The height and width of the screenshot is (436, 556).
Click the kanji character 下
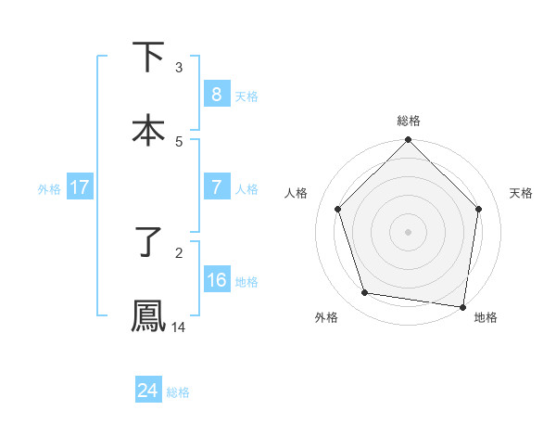[148, 57]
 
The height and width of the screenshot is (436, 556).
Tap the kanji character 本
[148, 131]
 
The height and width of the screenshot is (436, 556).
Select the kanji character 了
[148, 242]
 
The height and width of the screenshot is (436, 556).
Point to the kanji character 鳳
[148, 315]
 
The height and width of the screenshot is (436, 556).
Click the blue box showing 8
[216, 95]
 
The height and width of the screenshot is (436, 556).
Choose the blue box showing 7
[216, 187]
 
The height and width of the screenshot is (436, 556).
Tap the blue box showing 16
[216, 280]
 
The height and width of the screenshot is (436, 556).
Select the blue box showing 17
[80, 187]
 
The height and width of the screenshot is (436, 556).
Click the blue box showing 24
[148, 391]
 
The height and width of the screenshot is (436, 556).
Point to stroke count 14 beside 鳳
[179, 327]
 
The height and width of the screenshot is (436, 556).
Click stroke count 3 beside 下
[179, 68]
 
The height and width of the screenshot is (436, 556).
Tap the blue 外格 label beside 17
[49, 189]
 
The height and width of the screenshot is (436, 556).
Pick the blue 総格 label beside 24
[178, 392]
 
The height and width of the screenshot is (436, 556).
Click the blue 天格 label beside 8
[246, 96]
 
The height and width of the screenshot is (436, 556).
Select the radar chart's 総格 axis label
[409, 121]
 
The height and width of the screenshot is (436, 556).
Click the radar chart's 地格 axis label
[486, 318]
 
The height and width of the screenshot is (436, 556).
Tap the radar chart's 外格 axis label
[326, 318]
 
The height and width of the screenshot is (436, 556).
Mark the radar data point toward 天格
[479, 209]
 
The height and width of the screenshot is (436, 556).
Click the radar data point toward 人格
[338, 209]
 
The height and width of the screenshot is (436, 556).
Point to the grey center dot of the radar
[409, 231]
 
